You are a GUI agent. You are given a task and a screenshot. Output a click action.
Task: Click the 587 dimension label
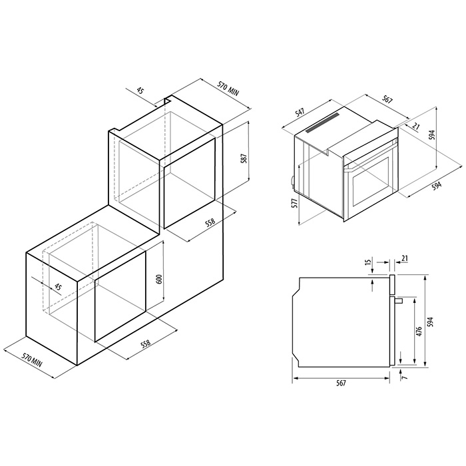tap(244, 158)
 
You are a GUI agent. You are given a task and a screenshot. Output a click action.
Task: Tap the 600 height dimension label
tap(159, 280)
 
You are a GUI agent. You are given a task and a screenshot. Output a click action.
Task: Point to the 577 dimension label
tap(294, 204)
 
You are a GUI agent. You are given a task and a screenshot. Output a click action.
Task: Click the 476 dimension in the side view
tap(419, 332)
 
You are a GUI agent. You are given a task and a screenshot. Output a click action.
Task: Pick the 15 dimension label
tap(369, 262)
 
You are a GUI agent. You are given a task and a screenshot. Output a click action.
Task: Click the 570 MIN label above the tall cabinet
tap(228, 89)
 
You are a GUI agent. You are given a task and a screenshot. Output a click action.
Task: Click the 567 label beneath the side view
tap(341, 383)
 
